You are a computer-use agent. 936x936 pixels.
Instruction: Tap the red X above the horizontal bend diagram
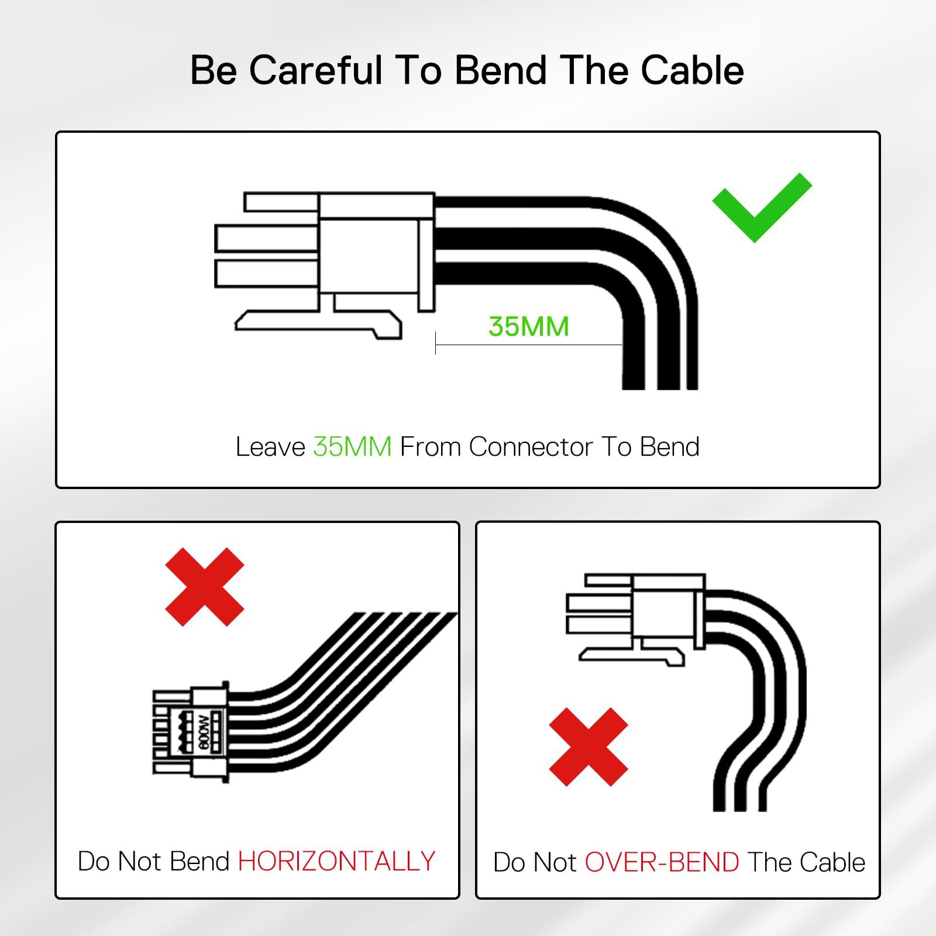205,587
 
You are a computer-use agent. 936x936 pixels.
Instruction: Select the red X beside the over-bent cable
589,747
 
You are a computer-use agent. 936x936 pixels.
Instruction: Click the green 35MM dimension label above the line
529,326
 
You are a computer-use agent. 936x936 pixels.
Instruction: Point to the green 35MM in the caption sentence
352,447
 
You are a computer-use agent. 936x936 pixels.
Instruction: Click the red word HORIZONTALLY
336,861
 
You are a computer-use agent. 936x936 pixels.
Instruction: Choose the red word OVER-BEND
662,862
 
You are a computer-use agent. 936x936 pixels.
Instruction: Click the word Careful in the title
316,70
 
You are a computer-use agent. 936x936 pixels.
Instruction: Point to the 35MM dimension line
529,345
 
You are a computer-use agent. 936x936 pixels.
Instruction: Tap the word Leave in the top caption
270,447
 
